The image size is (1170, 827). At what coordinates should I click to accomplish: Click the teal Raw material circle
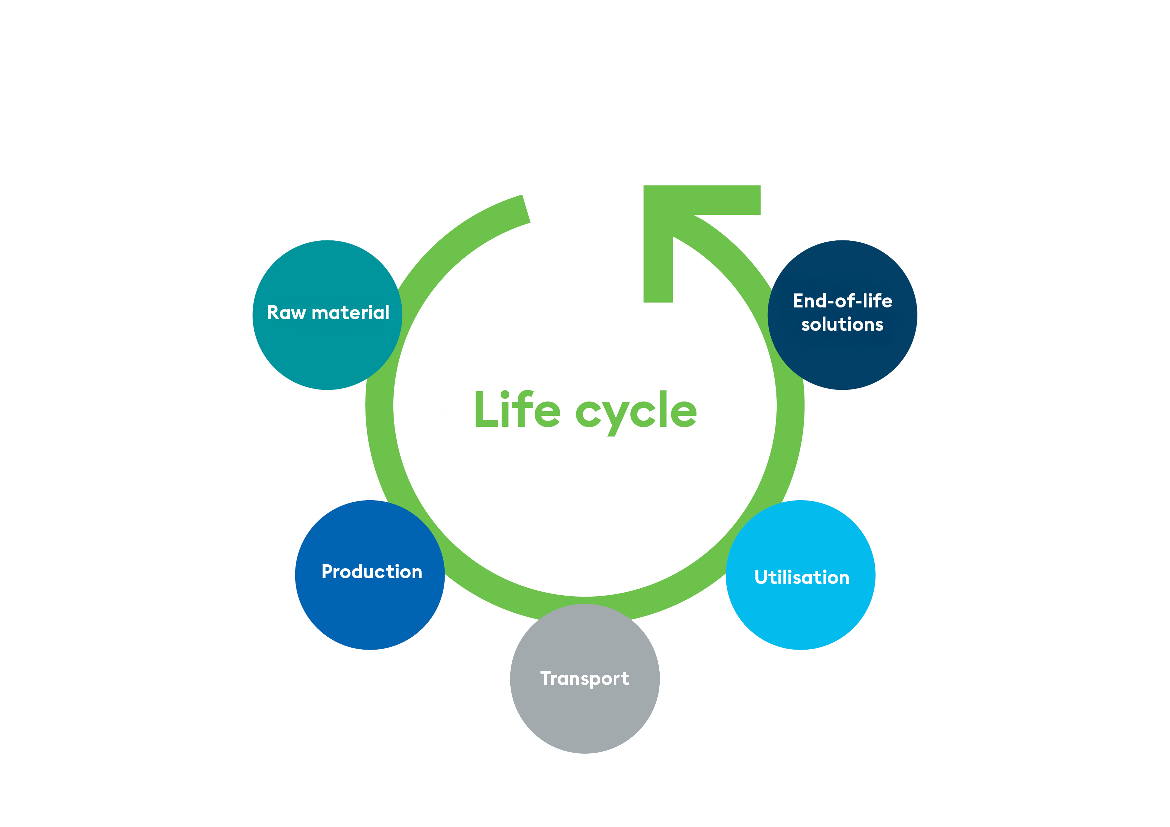tap(327, 346)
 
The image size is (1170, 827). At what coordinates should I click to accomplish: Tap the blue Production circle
tap(370, 606)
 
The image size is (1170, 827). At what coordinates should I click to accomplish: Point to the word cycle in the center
tap(636, 412)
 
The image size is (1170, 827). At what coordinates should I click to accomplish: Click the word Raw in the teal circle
tap(286, 312)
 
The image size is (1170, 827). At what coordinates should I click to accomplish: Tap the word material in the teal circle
tap(351, 312)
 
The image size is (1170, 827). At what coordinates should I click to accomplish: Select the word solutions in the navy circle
tap(842, 324)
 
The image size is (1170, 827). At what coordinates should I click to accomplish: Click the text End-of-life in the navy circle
tap(842, 301)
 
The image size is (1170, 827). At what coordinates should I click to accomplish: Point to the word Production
tap(372, 572)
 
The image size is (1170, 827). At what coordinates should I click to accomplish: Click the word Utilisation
tap(801, 577)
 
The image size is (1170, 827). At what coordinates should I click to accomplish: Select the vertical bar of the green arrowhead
tap(658, 265)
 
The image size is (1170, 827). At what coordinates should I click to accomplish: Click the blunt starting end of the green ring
tap(526, 209)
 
